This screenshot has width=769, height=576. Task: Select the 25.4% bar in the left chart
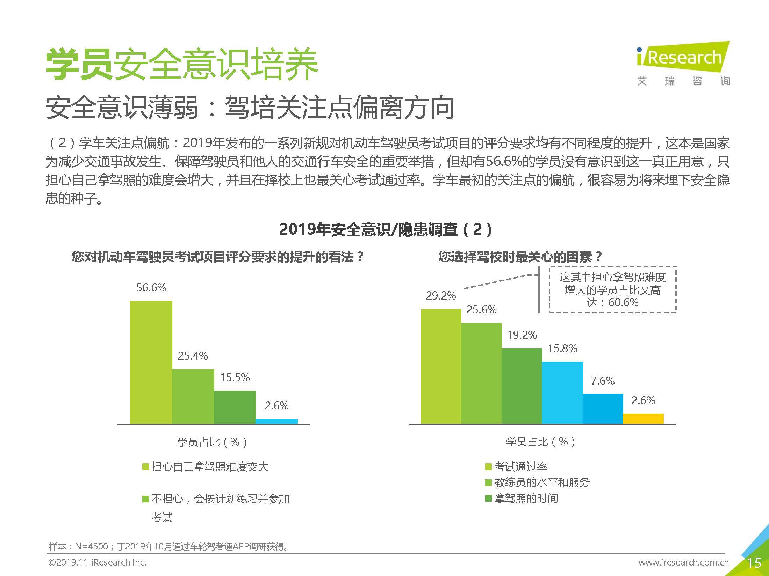tap(193, 397)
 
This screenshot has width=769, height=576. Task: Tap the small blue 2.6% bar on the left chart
tap(276, 421)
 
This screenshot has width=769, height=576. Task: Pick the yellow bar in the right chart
tap(643, 419)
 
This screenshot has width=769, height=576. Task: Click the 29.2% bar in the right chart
tap(441, 367)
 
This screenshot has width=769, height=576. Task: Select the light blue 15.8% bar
tap(562, 393)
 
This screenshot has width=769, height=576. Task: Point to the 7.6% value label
tap(603, 381)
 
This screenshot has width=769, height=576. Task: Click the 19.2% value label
tap(522, 335)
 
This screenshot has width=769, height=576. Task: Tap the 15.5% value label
tap(235, 377)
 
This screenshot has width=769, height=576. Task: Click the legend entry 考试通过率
tap(520, 466)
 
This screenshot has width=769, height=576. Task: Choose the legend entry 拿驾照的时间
tap(526, 498)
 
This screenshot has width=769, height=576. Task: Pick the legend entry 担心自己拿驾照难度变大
tap(209, 467)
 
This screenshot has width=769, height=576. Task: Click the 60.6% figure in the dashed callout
tap(623, 302)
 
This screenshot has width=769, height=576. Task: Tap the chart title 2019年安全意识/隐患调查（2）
tap(386, 230)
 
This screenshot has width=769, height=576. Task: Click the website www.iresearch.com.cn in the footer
tap(683, 562)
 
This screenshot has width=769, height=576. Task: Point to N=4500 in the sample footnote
tap(91, 546)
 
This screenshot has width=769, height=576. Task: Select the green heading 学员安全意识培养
tap(182, 65)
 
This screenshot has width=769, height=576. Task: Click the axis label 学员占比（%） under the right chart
tap(540, 442)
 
